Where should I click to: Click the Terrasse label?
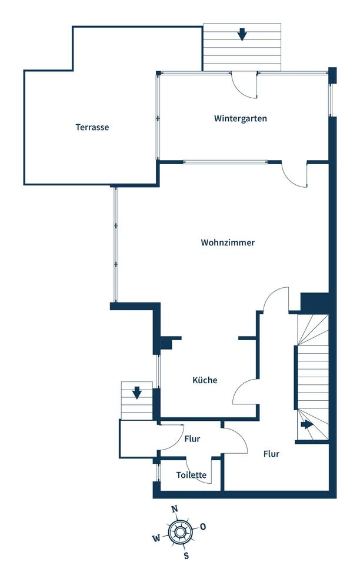tap(92, 127)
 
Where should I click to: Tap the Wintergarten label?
tap(240, 118)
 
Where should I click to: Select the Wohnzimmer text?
tap(228, 242)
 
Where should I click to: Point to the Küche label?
tap(205, 380)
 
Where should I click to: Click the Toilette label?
tap(191, 475)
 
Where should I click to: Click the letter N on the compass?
tap(174, 509)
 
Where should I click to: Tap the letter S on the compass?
tap(186, 555)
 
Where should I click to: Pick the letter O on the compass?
tap(203, 526)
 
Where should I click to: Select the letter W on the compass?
tap(156, 538)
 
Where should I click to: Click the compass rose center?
tap(179, 532)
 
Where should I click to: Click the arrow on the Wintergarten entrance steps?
tap(242, 35)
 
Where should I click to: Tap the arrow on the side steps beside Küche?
tap(137, 392)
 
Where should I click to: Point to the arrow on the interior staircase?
tap(307, 424)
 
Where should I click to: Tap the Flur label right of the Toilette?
tap(271, 454)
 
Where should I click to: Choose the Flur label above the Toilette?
tap(192, 439)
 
